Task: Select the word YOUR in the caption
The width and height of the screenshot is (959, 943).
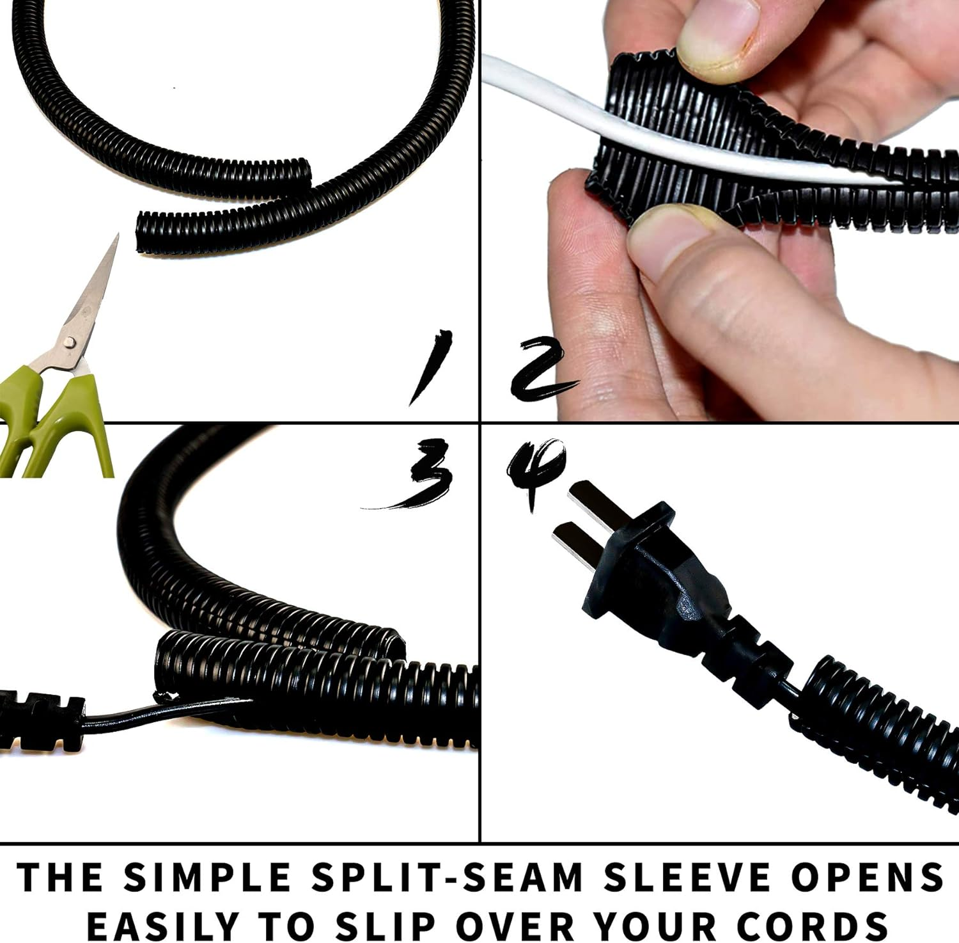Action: point(659,924)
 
